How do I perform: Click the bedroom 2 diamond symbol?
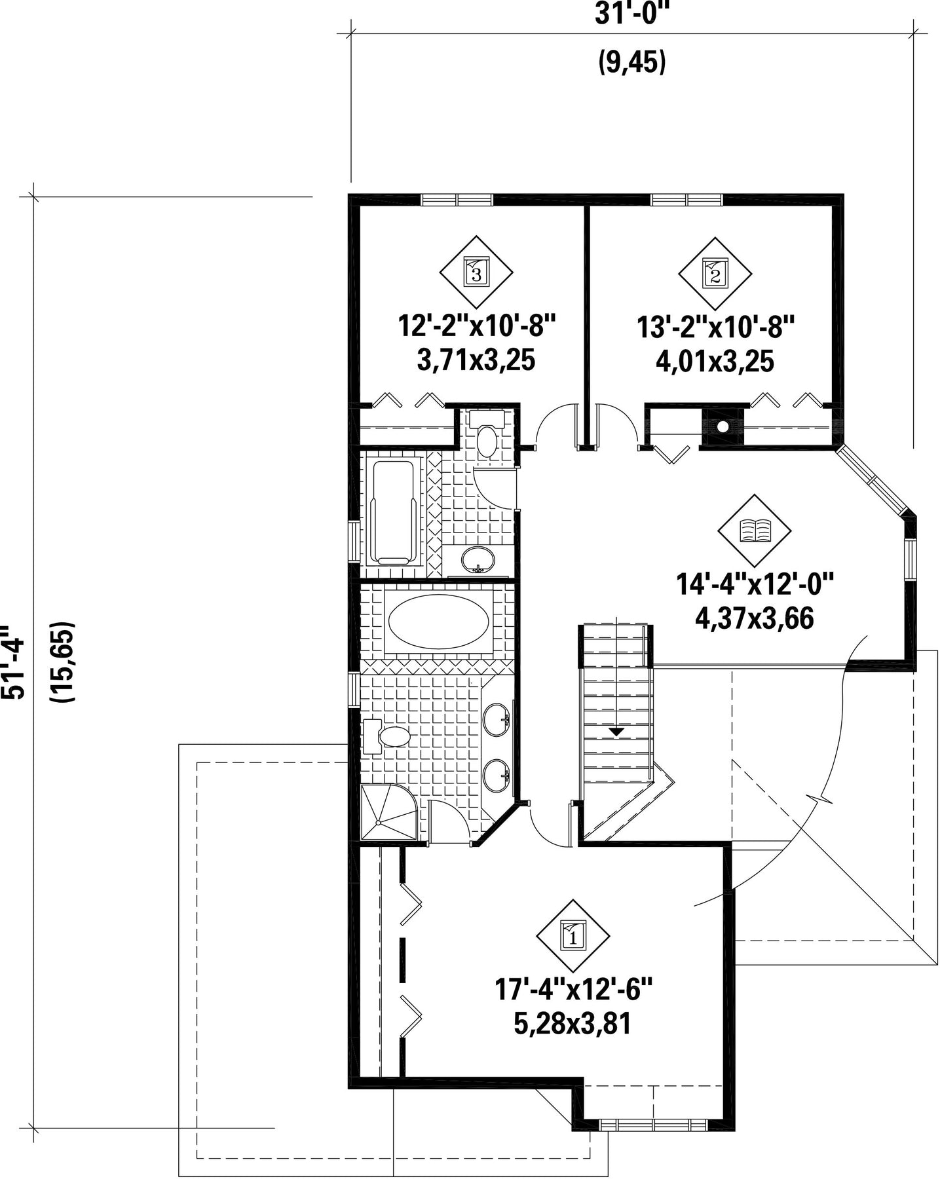(715, 273)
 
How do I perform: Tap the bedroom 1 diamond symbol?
(573, 936)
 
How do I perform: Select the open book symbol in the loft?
(755, 531)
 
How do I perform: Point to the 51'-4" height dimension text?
(14, 662)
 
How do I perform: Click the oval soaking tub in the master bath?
(438, 622)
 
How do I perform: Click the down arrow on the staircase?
(616, 731)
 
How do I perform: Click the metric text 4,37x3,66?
(755, 618)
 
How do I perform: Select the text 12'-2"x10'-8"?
(477, 326)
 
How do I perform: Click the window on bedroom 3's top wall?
(457, 200)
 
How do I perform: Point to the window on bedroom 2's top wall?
(686, 200)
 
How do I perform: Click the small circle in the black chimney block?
(723, 426)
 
